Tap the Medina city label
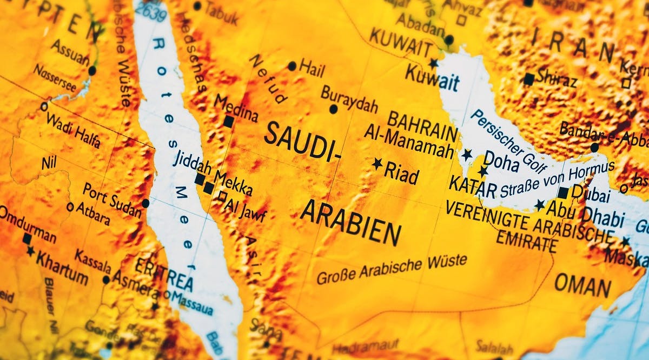pos(236,108)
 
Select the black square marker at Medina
pos(228,122)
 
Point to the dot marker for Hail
pos(292,66)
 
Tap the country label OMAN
pos(582,286)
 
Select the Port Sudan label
pos(112,195)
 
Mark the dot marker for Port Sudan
pos(145,203)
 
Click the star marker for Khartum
pos(30,251)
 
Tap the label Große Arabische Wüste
pos(392,269)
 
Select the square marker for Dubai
pos(564,192)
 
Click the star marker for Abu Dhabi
pos(540,205)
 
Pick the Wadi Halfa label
pos(74,130)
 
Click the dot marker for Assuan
pos(92,70)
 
